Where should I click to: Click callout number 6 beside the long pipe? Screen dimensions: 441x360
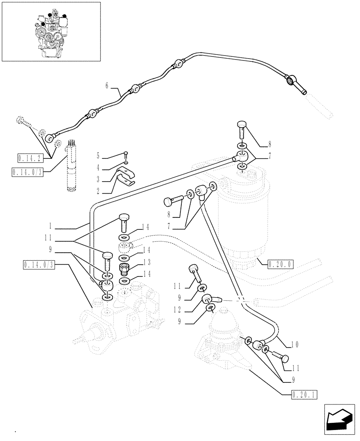(x=106, y=86)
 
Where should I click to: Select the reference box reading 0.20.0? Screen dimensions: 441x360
(x=280, y=264)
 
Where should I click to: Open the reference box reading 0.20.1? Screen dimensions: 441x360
(x=304, y=394)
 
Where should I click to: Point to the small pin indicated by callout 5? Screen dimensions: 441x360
(x=126, y=154)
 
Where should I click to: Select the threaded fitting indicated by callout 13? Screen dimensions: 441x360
(x=124, y=268)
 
